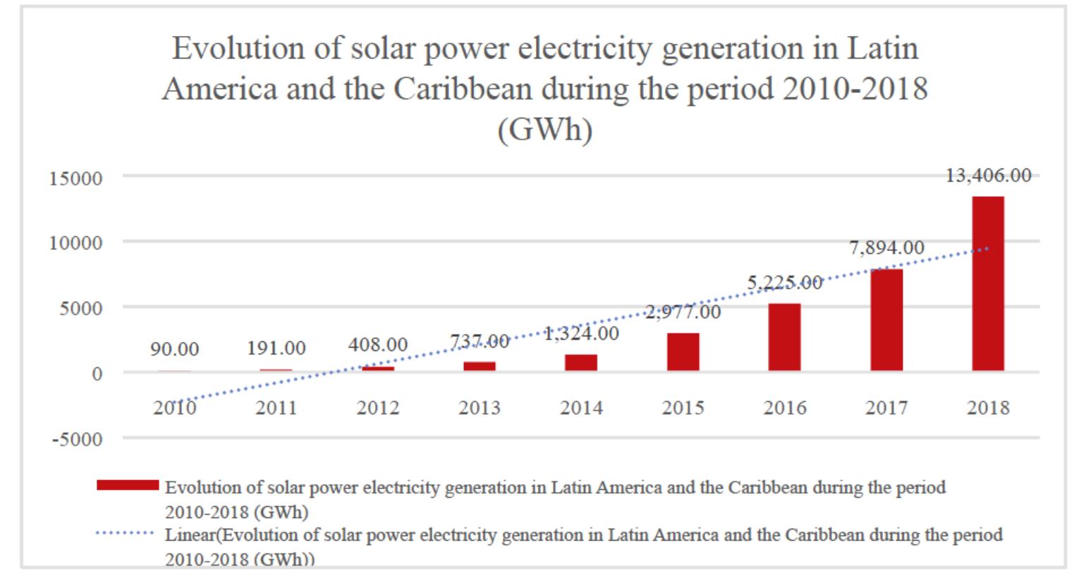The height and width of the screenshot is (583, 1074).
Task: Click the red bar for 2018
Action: point(987,283)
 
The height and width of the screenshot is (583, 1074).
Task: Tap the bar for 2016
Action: point(784,337)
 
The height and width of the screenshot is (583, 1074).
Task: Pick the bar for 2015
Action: point(683,352)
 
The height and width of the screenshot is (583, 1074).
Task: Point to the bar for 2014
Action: point(581,362)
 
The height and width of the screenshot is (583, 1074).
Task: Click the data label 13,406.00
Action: point(988,176)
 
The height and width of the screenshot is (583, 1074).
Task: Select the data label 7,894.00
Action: point(886,247)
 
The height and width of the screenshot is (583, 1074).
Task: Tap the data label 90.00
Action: point(174,349)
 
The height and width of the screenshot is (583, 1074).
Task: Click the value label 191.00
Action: point(276,348)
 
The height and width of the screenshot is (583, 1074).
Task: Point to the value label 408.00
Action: point(377,345)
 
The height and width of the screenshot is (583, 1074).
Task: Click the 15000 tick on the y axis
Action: point(75,178)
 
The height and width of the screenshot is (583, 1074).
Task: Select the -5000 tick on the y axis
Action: point(77,439)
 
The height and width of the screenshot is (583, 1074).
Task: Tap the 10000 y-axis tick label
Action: point(75,243)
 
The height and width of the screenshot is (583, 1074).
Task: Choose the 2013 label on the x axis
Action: point(480,407)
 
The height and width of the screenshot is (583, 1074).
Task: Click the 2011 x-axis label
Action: point(276,407)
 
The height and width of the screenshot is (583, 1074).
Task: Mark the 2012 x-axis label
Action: point(377,407)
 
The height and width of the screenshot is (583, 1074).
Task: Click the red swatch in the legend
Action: point(127,485)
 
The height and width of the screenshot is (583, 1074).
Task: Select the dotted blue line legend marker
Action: point(124,533)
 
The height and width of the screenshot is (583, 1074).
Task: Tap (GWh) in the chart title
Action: point(544,130)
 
